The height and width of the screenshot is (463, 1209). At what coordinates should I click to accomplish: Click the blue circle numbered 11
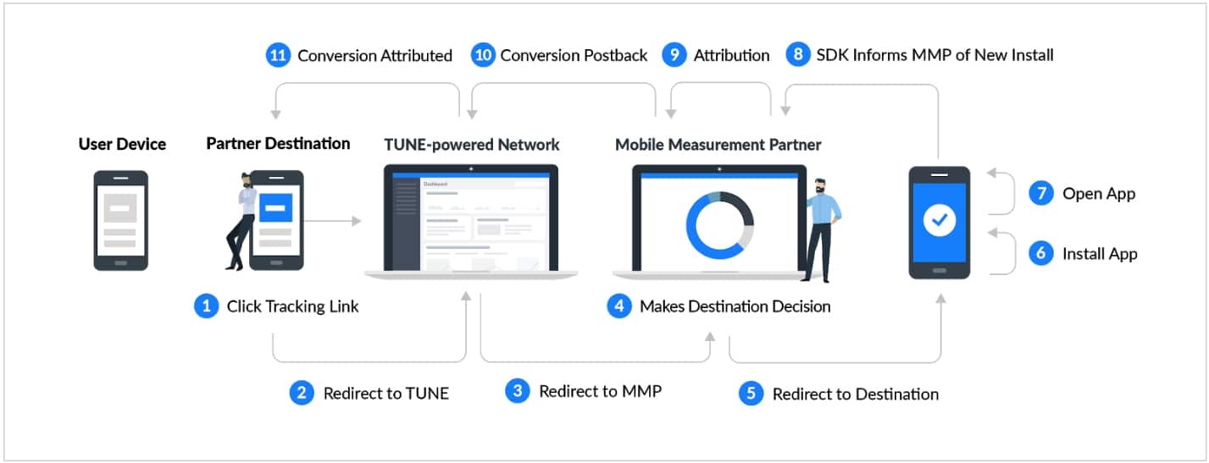tap(277, 56)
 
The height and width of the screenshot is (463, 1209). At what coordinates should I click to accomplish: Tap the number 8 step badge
tap(796, 56)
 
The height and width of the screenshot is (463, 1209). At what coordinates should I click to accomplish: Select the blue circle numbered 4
tap(619, 306)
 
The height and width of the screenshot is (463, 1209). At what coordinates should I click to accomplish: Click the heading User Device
tap(122, 144)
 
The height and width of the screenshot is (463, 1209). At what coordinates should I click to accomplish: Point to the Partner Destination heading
tap(278, 144)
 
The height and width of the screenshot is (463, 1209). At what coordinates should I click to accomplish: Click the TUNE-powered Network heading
tap(471, 145)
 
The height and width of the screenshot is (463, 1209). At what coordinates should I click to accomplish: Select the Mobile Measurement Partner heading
tap(718, 145)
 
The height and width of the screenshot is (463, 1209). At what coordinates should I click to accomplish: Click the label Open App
tap(1099, 194)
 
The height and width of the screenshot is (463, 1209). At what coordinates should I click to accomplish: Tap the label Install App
tap(1100, 254)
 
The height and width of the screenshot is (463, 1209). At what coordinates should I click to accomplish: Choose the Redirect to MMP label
tap(600, 391)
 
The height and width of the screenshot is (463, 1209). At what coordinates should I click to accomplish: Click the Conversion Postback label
tap(574, 56)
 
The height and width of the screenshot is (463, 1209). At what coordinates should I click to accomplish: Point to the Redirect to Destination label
tap(855, 394)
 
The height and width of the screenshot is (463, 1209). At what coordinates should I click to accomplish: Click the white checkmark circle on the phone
tap(939, 222)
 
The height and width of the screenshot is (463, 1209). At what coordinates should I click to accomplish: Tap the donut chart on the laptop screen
tap(719, 225)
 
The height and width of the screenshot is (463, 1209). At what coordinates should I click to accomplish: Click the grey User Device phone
tap(120, 220)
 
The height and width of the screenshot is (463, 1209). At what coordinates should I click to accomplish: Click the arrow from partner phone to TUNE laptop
tap(332, 222)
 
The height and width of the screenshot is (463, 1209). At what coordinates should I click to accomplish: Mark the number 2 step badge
tap(302, 393)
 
